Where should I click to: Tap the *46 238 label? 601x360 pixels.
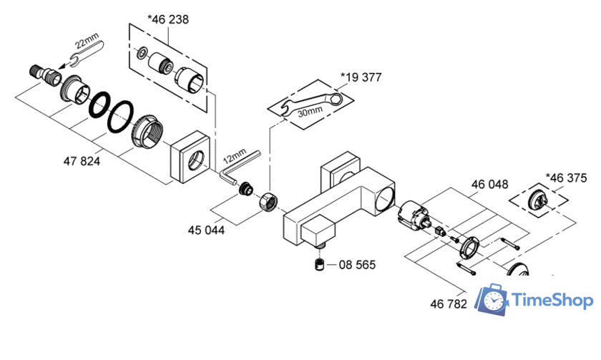tap(168, 19)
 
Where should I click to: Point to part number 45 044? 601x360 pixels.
tap(206, 230)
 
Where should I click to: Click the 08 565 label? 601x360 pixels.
tap(356, 265)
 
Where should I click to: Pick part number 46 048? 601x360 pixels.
tap(489, 184)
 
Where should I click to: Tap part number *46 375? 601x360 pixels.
tap(566, 177)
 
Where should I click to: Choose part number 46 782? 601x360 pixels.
tap(449, 303)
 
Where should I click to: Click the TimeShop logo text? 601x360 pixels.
tap(554, 301)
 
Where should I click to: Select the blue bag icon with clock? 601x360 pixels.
tap(493, 300)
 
